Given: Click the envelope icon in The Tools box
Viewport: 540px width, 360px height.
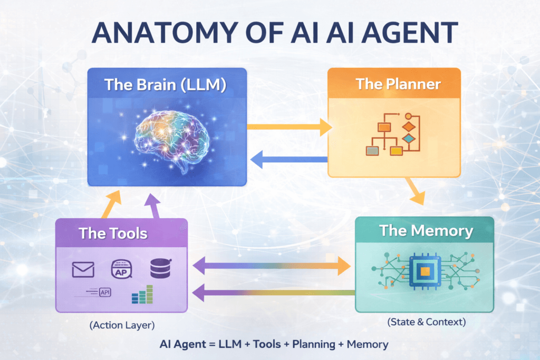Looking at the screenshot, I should (83, 270).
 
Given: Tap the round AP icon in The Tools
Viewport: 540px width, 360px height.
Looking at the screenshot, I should (121, 270).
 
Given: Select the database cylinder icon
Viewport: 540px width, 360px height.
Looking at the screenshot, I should (160, 269).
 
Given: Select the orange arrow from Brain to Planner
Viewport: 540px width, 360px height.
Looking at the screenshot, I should (289, 127).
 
